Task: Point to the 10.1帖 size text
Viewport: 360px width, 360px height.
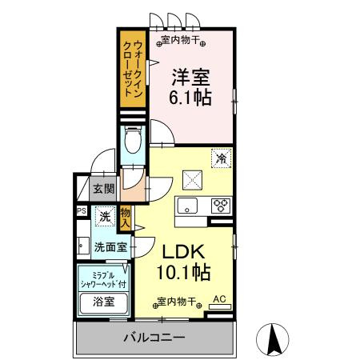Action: [x=182, y=272]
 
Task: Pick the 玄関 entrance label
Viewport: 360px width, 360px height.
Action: [x=102, y=190]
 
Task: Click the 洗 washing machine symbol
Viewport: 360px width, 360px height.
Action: [x=104, y=215]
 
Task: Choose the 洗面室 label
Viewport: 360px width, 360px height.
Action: [x=110, y=247]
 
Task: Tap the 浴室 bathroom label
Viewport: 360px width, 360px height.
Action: [x=103, y=302]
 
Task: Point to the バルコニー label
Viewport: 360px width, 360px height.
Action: [x=154, y=337]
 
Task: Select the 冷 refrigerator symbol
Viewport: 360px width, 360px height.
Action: [x=220, y=159]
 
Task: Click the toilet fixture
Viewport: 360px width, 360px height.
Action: [x=134, y=145]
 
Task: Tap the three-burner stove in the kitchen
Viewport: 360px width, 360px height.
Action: [x=221, y=206]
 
